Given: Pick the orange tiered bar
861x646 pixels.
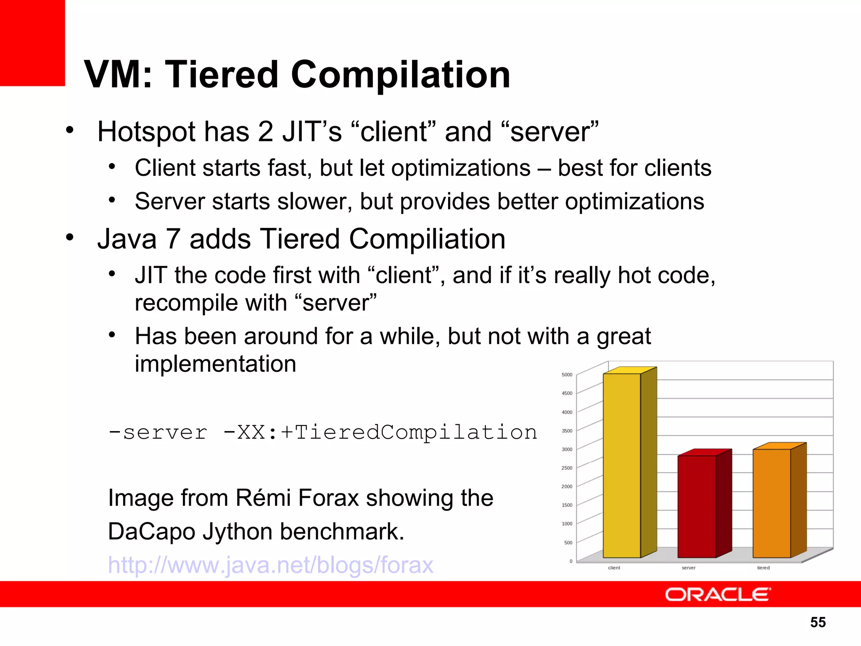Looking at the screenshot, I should tap(771, 503).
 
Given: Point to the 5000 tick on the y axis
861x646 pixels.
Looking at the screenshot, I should tap(567, 375).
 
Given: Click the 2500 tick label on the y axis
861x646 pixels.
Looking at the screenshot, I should tap(567, 468).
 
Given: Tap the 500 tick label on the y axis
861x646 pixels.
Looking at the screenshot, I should tap(568, 543).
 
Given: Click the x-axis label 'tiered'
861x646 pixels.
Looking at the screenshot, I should tap(763, 568).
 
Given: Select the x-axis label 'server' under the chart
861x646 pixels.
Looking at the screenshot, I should tap(688, 568).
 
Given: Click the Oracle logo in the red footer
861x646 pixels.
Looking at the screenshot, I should tap(718, 595).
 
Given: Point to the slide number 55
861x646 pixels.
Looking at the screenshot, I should tap(818, 622).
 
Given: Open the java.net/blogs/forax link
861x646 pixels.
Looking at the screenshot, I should tap(270, 565).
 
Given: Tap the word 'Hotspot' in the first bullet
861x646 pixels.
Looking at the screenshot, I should tap(147, 132).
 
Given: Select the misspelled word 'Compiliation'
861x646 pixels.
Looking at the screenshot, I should tap(427, 239).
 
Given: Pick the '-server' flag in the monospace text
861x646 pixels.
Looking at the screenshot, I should tap(158, 432).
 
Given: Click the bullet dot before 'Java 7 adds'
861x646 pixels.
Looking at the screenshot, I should tap(70, 237).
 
